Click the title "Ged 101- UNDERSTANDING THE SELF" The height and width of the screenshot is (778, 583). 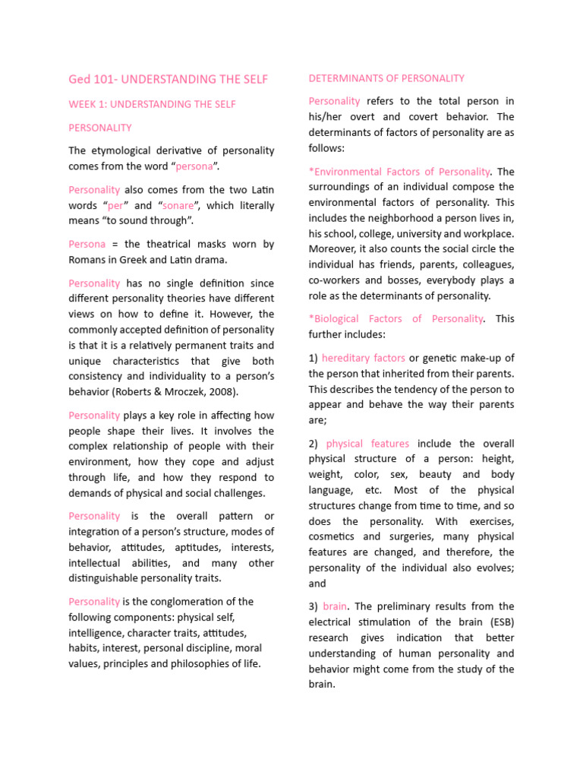point(168,79)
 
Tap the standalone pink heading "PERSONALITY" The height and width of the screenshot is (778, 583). point(99,128)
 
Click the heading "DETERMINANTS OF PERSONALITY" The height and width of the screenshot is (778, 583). point(386,78)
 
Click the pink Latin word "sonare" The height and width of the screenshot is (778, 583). point(178,206)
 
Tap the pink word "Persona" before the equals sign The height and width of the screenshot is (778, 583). point(88,244)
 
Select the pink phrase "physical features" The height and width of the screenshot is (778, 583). point(367,444)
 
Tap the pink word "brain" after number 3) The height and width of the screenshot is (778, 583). point(335,606)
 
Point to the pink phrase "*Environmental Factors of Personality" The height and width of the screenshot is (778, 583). point(399,171)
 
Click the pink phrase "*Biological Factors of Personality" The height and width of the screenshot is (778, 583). point(395,318)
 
